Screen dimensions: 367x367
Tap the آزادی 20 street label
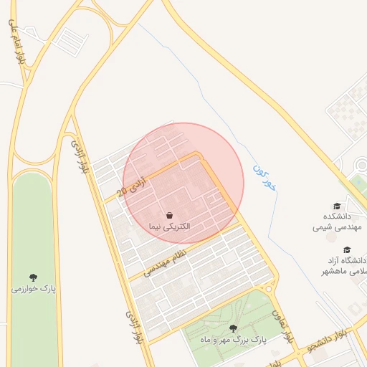tap(134, 186)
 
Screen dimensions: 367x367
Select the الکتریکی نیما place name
tap(169, 226)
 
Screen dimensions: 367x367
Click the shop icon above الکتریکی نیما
tap(169, 214)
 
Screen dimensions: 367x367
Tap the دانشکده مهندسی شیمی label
tap(340, 221)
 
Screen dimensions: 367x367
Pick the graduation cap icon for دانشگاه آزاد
tap(348, 249)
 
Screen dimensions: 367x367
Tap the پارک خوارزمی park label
tap(33, 289)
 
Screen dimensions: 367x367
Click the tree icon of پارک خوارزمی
tap(33, 277)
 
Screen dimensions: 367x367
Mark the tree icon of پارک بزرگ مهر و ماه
tap(233, 328)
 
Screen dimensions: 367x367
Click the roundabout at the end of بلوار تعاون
tap(270, 288)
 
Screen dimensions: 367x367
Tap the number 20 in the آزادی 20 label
tap(123, 191)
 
